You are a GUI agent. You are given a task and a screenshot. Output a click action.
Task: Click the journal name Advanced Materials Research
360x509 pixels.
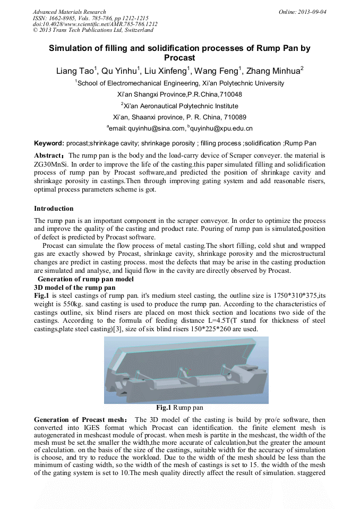coord(69,12)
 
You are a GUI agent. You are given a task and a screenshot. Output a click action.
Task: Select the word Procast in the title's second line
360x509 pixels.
coord(179,58)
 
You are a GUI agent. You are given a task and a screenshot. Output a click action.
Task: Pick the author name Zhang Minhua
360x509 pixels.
coord(278,71)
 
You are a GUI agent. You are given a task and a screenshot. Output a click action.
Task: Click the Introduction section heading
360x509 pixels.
coord(54,209)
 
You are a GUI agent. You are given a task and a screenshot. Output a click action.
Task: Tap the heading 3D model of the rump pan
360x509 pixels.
coord(74,287)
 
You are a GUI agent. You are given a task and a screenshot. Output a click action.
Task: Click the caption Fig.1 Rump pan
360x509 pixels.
coord(179,408)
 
